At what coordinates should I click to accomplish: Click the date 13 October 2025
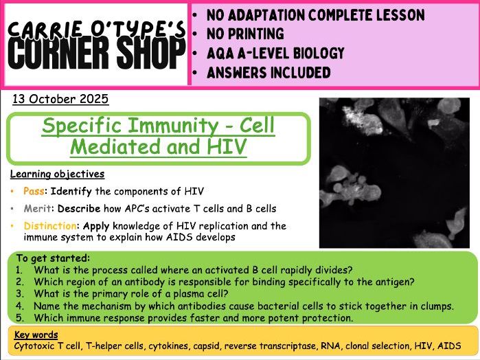(60, 99)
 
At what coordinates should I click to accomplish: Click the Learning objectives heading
(57, 174)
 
